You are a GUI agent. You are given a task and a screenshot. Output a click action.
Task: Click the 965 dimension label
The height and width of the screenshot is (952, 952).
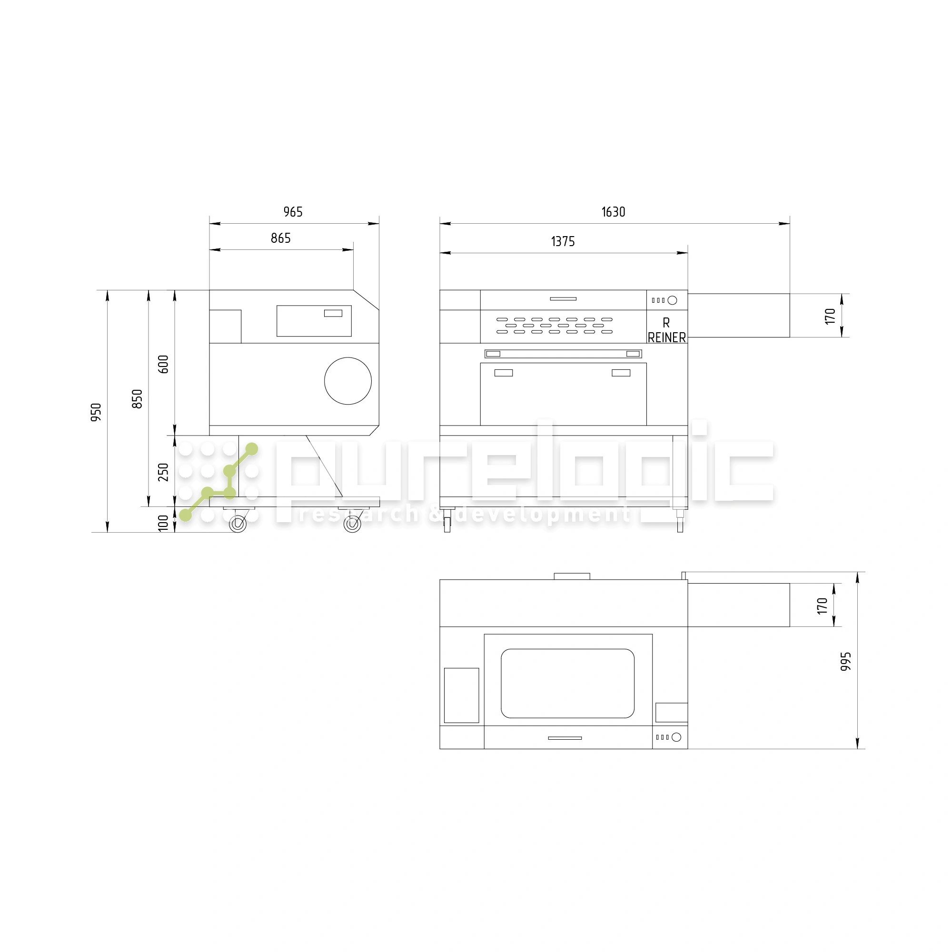point(293,212)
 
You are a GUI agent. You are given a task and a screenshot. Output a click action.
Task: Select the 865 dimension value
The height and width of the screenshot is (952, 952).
point(280,238)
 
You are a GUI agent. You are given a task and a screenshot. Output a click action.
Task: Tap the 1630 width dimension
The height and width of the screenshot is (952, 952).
point(613,212)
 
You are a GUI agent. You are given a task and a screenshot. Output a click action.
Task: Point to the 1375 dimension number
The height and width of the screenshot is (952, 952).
point(563,241)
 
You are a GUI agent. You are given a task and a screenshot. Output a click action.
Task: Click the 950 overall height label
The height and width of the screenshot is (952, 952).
point(96,412)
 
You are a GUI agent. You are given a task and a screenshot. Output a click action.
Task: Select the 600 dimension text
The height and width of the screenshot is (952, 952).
point(163,364)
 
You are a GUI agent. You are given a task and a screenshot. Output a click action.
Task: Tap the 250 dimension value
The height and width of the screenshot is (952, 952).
point(163,472)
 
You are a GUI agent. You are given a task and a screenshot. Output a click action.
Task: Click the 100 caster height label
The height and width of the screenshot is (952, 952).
point(163,522)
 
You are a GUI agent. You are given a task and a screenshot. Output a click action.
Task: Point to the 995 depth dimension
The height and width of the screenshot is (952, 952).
point(845,661)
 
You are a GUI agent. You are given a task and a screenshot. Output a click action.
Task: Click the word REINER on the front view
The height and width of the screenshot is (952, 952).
point(667,337)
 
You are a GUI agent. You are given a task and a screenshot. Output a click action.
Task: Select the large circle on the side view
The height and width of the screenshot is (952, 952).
point(348,381)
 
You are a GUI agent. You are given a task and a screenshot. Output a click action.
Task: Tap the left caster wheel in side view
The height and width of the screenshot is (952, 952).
point(238,523)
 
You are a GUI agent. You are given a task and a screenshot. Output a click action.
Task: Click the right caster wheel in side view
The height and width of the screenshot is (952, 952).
point(352,523)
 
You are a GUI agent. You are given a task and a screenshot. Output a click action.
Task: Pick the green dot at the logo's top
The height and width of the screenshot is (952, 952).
point(252,449)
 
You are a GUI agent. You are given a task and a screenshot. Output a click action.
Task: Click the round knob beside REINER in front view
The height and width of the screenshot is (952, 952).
point(672,300)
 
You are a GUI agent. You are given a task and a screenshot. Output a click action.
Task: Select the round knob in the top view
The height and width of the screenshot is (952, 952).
point(676,737)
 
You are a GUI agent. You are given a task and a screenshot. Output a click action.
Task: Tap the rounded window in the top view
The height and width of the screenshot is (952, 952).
point(567,684)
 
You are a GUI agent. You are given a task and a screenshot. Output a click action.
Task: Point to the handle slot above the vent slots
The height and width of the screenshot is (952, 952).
point(563,298)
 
